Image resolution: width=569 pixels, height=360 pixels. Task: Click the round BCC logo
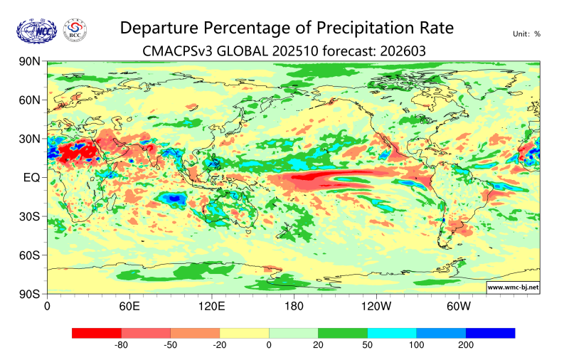click(x=75, y=31)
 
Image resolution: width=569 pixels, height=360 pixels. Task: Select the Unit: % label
click(x=526, y=33)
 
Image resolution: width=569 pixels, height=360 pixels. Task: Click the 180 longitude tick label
click(x=294, y=307)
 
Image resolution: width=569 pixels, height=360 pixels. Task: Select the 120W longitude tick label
click(x=376, y=307)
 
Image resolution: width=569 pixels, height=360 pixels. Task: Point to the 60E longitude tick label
click(x=129, y=307)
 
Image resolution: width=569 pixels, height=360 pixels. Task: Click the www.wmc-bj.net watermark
click(x=512, y=287)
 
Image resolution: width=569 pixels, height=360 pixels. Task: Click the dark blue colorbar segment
click(x=490, y=332)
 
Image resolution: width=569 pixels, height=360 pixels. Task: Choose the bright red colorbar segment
click(x=97, y=332)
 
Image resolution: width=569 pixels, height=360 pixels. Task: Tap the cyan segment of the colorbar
click(x=392, y=332)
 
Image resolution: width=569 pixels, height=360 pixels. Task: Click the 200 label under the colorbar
click(x=466, y=346)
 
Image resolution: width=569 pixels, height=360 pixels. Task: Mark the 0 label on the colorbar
click(x=269, y=346)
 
